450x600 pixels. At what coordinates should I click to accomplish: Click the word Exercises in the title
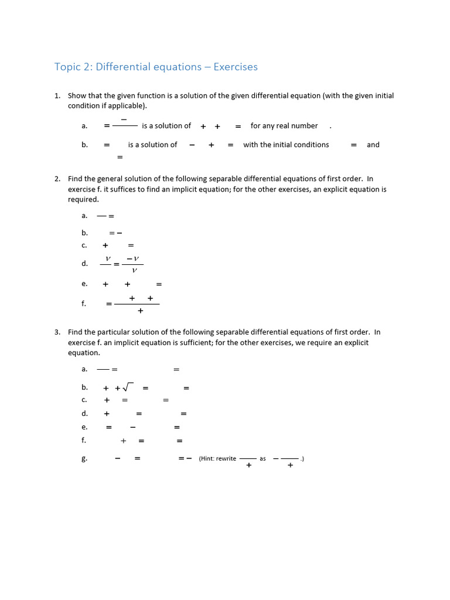coord(236,67)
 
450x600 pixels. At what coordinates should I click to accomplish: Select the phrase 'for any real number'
coord(284,126)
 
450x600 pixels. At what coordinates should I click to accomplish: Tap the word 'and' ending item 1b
coord(373,145)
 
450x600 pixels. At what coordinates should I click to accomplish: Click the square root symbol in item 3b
coord(129,387)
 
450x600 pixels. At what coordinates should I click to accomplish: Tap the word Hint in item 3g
coord(207,458)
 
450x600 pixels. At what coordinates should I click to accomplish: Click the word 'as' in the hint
coord(262,458)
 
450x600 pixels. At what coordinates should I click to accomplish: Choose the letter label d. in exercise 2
coord(84,264)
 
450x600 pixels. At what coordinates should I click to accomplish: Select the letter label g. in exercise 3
coord(84,459)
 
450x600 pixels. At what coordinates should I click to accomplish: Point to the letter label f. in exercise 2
coord(84,304)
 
